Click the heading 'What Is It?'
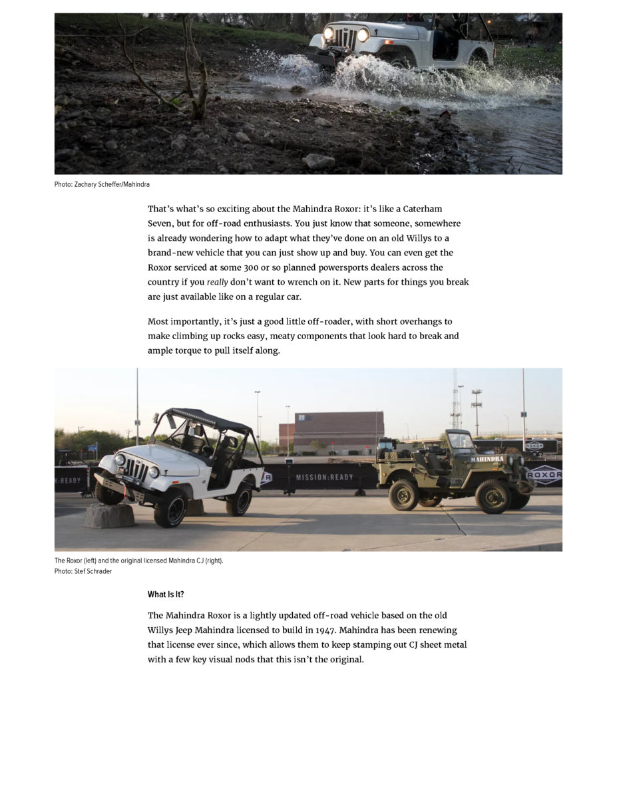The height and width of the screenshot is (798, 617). coord(166,595)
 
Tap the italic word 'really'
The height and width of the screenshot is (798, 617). coord(217,282)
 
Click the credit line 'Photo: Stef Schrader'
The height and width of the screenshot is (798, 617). coord(83,571)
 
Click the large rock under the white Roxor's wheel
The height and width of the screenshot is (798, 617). coord(109,515)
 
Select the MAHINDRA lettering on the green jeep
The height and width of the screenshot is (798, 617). coord(487,459)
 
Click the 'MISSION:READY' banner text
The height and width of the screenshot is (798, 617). coord(325,477)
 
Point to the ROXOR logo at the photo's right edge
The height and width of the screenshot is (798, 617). coord(544,475)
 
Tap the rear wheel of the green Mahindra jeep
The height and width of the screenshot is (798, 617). coord(403,495)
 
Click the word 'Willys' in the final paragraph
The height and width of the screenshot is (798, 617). coord(161,630)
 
